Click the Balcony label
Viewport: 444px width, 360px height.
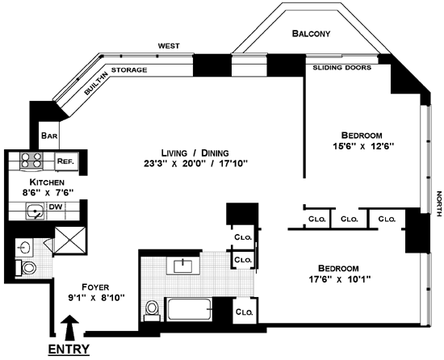(x=311, y=34)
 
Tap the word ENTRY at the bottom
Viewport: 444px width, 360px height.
(x=69, y=349)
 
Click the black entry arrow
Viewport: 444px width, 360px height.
(x=70, y=328)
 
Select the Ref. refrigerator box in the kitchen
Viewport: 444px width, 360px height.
(x=66, y=161)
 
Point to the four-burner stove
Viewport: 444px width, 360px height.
(x=31, y=161)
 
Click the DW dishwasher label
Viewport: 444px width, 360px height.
(x=56, y=207)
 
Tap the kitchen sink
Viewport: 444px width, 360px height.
(x=35, y=211)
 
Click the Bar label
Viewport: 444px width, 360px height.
(x=49, y=136)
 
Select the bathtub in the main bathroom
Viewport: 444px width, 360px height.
(x=190, y=309)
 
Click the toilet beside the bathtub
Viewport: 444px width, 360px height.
(x=152, y=311)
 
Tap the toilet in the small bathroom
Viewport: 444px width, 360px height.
(x=26, y=267)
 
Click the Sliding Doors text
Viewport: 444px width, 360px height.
(x=341, y=68)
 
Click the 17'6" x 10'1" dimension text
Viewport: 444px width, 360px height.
(x=340, y=279)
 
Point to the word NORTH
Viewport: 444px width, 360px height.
(x=439, y=203)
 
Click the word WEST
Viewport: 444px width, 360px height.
(x=169, y=46)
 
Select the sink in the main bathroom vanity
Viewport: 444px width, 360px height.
(x=183, y=266)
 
